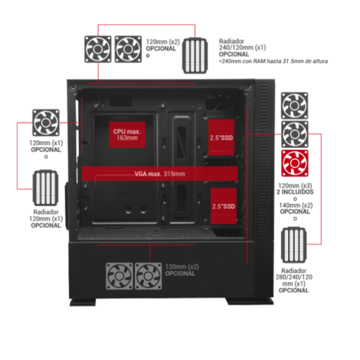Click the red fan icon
pos(295,163)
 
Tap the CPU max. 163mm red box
pos(127,134)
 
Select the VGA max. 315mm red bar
pos(160,173)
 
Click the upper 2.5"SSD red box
pos(221,137)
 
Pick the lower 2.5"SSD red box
pos(223,206)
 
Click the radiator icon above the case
pos(195,55)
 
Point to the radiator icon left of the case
pos(46,188)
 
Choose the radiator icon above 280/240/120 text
pos(294,245)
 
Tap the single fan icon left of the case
pos(46,122)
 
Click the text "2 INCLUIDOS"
pos(295,192)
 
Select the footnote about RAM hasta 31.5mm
pos(273,61)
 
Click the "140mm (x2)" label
pos(295,205)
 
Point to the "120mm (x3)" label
pos(295,185)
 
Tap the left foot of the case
pos(82,301)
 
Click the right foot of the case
pos(250,301)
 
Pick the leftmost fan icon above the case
pos(98,49)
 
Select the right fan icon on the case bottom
pos(148,276)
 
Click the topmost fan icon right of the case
pos(295,106)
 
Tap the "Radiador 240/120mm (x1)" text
pos(242,44)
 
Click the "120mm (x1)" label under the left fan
pos(46,143)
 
